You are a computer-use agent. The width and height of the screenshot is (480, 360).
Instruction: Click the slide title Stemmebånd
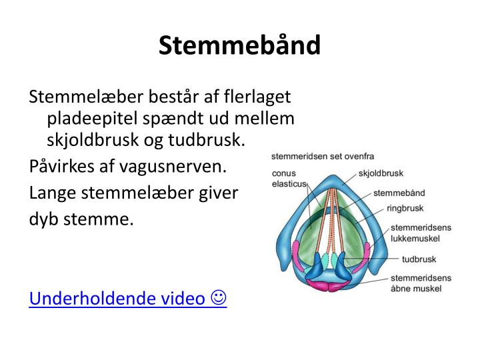pos(239,45)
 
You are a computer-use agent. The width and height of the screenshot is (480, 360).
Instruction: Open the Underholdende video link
pos(117,298)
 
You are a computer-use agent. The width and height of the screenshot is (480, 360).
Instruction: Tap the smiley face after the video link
pos(219,298)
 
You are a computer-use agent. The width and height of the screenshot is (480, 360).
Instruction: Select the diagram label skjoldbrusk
pos(381,173)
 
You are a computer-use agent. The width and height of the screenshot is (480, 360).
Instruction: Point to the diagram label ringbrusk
pos(405,208)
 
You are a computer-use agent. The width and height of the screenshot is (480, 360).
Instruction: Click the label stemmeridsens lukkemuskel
pos(420,232)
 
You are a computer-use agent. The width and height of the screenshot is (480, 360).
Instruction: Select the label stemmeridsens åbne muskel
pos(420,283)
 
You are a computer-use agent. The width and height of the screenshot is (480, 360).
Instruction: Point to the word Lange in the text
pos(53,193)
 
